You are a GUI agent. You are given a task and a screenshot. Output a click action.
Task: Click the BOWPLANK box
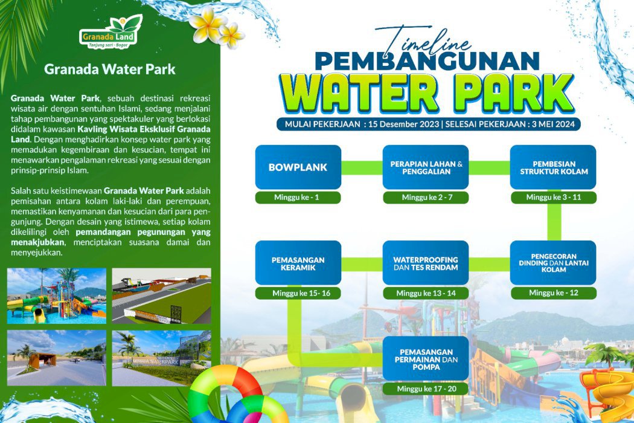[298, 167]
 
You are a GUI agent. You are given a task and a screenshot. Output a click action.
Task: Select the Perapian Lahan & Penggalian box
[426, 167]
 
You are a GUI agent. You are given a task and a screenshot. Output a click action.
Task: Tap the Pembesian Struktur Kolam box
[553, 167]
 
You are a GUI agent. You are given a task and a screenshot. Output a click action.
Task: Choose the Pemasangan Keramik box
[298, 263]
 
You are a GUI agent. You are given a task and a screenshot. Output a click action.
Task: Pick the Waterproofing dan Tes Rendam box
[426, 263]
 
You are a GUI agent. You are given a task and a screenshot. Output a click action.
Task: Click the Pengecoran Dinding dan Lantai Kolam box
[553, 263]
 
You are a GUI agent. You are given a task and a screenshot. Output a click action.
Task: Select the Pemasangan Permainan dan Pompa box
[426, 358]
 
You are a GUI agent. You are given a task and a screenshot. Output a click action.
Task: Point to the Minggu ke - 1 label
[298, 198]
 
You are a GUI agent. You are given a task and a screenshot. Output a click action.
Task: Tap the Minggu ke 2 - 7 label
[426, 198]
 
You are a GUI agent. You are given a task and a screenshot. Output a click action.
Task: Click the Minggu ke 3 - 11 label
[554, 198]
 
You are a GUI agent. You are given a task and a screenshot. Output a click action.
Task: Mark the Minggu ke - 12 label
[554, 293]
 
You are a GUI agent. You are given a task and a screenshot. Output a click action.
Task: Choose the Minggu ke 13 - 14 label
[426, 293]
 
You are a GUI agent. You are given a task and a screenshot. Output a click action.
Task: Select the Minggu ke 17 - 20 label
[426, 389]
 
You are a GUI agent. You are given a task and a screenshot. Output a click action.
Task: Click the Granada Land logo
[110, 32]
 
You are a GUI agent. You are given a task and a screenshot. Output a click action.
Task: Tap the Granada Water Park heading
[109, 69]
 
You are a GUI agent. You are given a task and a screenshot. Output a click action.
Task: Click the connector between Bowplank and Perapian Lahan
[362, 167]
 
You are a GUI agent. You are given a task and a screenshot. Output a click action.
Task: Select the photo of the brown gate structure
[57, 358]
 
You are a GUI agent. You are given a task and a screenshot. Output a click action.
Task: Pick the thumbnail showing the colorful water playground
[57, 295]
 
